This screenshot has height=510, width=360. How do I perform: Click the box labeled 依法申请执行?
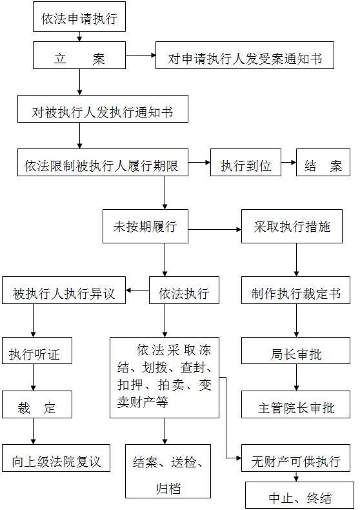click(x=79, y=17)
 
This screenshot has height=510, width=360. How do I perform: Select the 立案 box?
click(x=79, y=56)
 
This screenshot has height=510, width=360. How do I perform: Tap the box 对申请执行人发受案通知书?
click(x=245, y=56)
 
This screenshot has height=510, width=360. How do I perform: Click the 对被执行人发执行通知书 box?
click(x=103, y=109)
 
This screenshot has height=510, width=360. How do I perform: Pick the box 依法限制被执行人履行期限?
click(x=103, y=163)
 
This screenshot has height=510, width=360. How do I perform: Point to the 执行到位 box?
click(x=246, y=163)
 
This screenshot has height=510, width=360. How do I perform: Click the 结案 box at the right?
click(x=323, y=163)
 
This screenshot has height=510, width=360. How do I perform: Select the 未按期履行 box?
click(x=145, y=227)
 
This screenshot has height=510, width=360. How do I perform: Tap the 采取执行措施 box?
click(x=292, y=227)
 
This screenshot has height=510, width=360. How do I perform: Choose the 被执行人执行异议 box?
click(x=64, y=291)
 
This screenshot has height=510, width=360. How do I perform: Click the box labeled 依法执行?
click(x=184, y=291)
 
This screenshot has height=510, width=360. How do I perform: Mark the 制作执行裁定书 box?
click(x=295, y=291)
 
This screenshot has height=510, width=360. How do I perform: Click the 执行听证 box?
click(x=37, y=351)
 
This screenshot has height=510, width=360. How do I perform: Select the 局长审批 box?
click(x=295, y=351)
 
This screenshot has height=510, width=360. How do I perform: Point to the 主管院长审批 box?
click(x=295, y=405)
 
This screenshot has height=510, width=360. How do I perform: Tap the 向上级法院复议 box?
click(x=56, y=458)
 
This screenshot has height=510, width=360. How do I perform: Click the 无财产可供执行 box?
click(x=295, y=458)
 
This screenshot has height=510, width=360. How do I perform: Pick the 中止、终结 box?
click(x=299, y=495)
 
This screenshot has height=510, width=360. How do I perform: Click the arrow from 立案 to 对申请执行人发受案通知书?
click(x=141, y=56)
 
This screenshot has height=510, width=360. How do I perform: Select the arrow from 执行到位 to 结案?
click(x=288, y=162)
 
